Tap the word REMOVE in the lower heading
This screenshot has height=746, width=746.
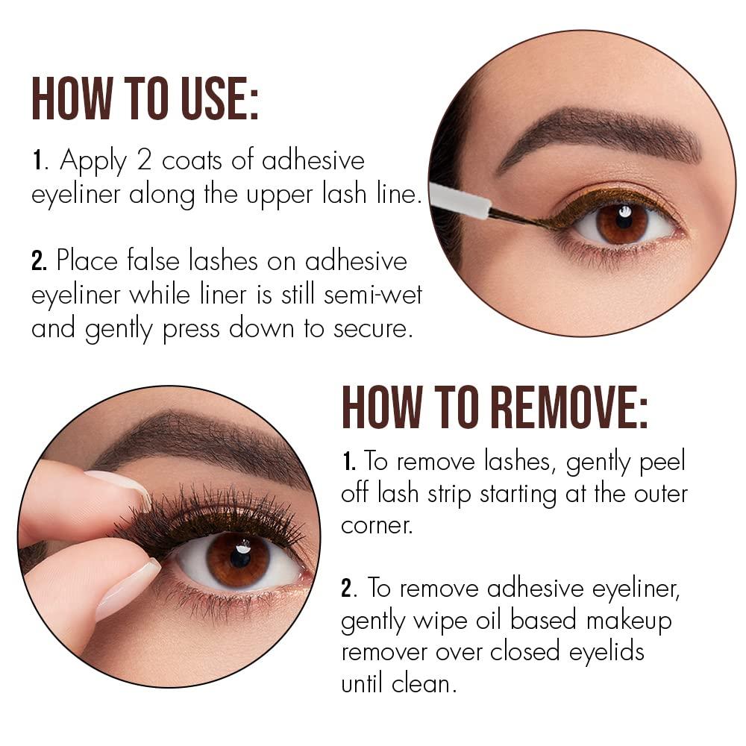[568, 407]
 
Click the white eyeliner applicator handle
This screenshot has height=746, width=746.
[460, 200]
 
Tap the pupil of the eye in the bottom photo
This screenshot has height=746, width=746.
[241, 557]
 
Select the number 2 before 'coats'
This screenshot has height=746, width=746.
[144, 160]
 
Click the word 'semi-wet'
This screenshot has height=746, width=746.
[372, 295]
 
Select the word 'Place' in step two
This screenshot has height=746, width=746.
[87, 261]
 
